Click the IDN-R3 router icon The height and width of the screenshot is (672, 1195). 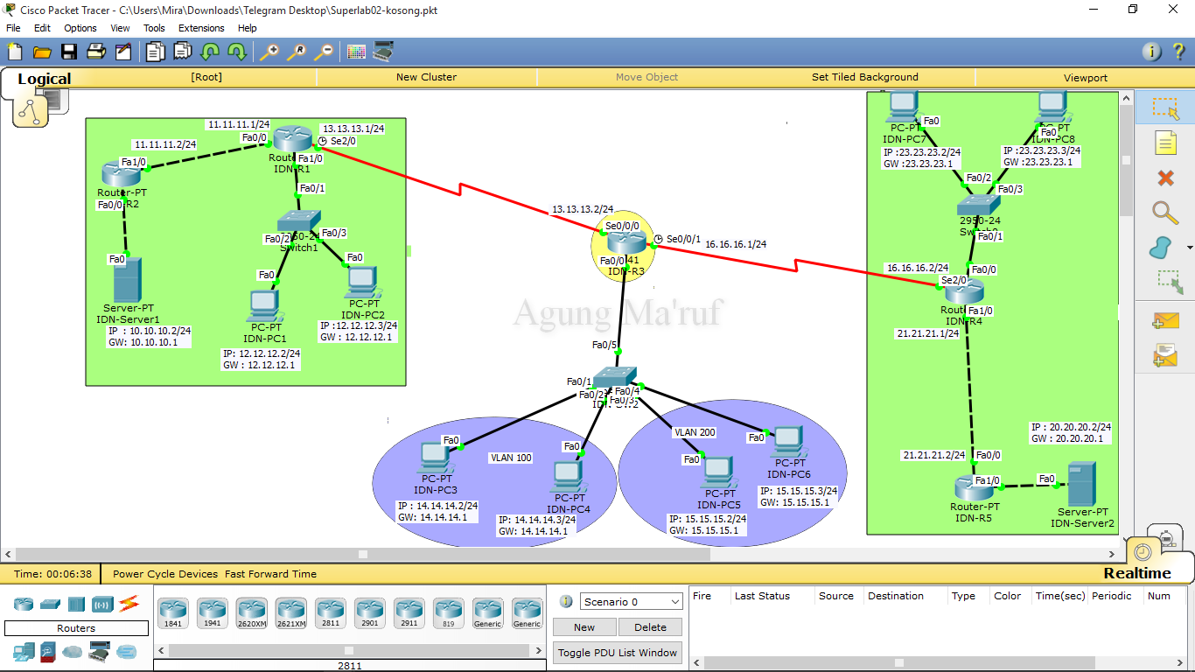[625, 242]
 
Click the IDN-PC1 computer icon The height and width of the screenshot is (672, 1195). [263, 305]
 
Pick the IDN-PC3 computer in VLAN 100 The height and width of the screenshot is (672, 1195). [435, 457]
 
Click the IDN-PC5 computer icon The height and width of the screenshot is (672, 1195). [718, 472]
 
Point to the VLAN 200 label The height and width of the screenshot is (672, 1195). [695, 432]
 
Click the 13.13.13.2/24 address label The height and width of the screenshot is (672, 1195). [582, 210]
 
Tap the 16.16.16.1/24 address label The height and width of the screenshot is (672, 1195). [736, 245]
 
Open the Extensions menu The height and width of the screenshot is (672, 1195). [201, 28]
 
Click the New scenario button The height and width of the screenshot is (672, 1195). [584, 627]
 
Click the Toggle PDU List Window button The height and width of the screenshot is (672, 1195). [618, 653]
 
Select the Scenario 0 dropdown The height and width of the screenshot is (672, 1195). [632, 602]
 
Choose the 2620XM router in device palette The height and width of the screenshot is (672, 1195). [251, 612]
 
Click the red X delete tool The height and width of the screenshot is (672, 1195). [1165, 178]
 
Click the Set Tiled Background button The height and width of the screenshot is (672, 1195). [864, 77]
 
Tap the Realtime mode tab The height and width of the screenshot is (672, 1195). [1136, 573]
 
